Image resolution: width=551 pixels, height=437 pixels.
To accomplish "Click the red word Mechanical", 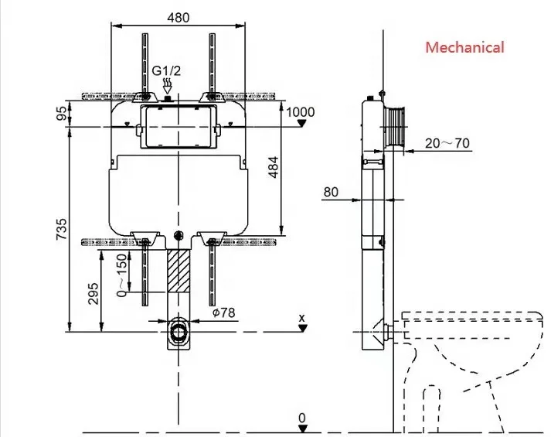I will pos(464,47).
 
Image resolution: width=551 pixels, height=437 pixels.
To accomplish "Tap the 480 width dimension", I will pos(179,17).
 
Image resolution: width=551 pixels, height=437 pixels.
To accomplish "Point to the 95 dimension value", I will pos(61,113).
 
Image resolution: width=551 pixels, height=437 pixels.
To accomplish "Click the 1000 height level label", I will pos(301,112).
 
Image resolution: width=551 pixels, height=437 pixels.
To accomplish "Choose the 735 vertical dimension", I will pos(61,230).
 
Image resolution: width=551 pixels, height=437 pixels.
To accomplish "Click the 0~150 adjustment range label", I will pos(121,275).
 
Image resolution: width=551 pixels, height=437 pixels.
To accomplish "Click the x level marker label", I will pos(302,317).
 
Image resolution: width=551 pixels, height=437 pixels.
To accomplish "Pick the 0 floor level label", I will pos(302,418).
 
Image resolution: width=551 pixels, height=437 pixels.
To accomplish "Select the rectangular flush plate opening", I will pos(179,126).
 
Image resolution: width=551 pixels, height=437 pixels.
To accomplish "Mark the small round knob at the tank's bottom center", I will pos(179,235).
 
